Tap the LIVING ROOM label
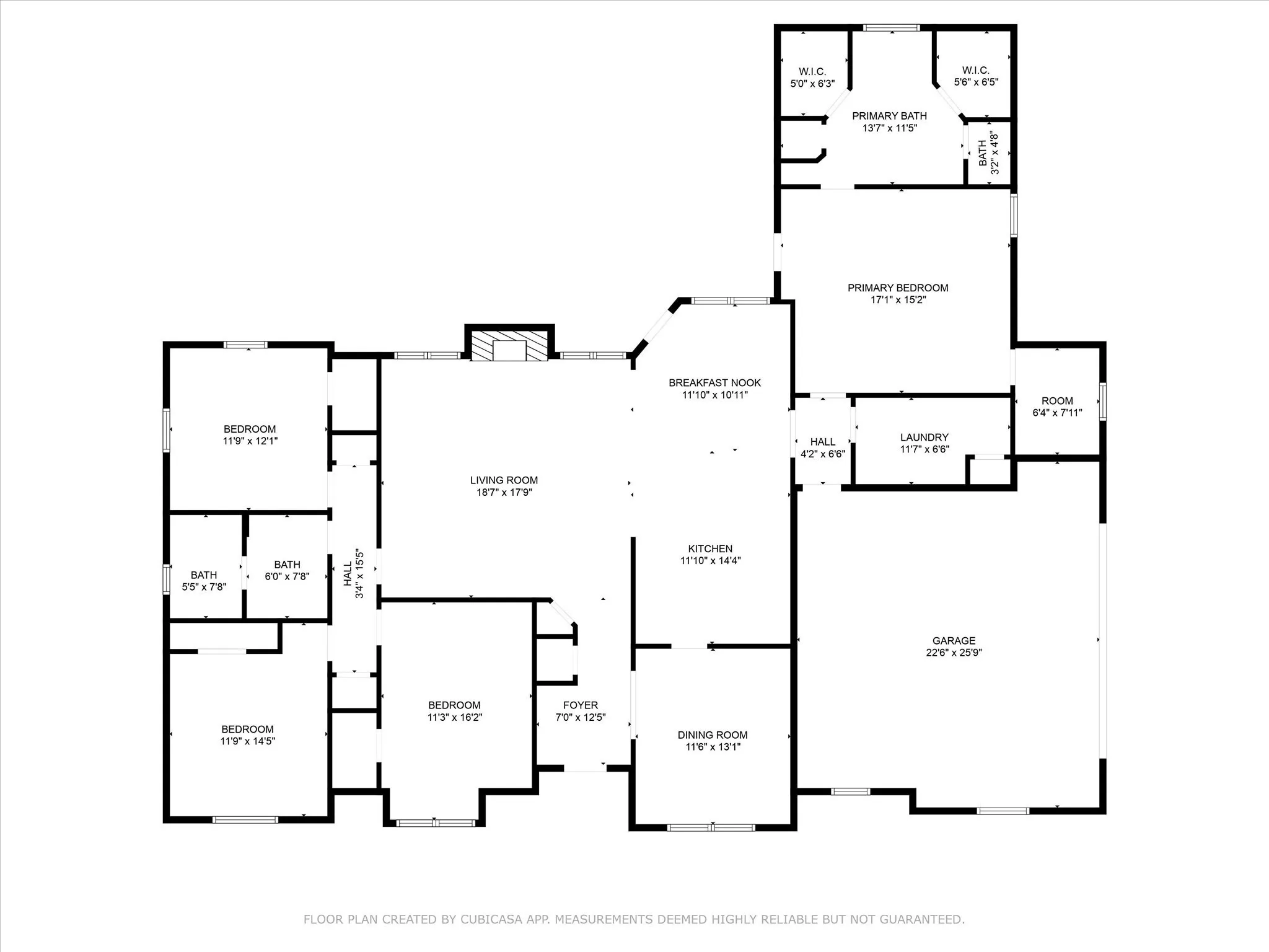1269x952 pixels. click(x=504, y=480)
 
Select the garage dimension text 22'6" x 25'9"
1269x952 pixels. click(x=954, y=653)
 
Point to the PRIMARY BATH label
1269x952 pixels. click(x=889, y=116)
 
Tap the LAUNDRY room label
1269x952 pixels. click(x=924, y=437)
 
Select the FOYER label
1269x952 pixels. click(x=581, y=705)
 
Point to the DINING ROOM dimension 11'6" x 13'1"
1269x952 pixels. click(x=713, y=747)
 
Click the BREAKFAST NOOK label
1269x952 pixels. click(x=715, y=383)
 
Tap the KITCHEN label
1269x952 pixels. click(x=711, y=549)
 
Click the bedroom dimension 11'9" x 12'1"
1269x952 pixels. click(x=250, y=441)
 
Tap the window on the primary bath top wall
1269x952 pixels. click(x=892, y=27)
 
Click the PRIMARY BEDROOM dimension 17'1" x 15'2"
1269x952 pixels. click(x=898, y=300)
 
